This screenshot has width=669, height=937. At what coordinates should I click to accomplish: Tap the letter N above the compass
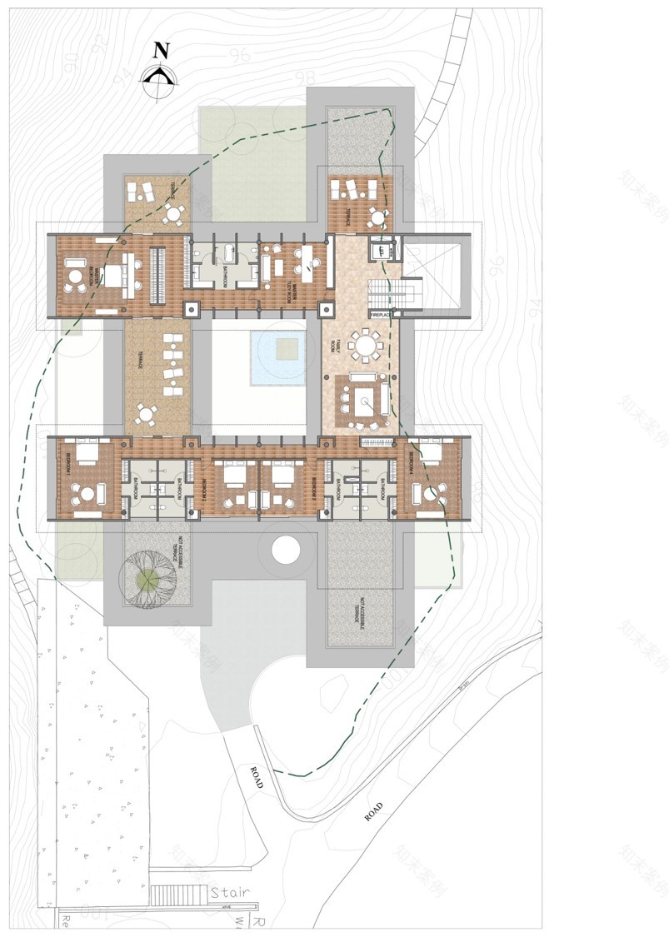(162, 50)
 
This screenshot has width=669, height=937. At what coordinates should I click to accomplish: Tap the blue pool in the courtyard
(279, 358)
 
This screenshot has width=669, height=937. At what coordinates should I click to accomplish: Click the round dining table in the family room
(366, 343)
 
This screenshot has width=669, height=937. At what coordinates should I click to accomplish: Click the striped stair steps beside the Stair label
(177, 895)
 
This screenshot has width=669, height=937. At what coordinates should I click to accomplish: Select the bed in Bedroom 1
(87, 454)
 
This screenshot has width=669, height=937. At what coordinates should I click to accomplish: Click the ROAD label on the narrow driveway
(257, 777)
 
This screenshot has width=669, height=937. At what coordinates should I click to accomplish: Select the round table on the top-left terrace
(172, 213)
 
